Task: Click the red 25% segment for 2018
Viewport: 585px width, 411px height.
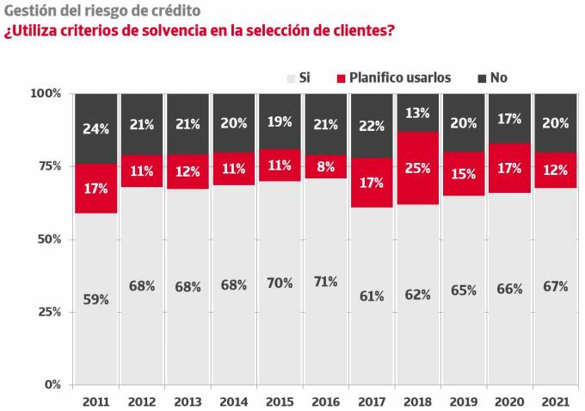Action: (418, 168)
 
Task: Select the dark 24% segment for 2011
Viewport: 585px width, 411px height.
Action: (95, 128)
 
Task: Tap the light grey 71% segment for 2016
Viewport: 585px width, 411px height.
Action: (326, 281)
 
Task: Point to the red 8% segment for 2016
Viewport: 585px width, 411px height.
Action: (326, 167)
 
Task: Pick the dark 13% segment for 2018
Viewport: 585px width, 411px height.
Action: (418, 112)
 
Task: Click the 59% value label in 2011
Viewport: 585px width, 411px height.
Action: (95, 300)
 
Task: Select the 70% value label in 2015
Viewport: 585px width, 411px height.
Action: (280, 282)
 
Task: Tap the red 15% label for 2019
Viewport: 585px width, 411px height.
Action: (465, 174)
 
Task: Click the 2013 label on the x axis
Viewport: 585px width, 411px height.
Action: (188, 402)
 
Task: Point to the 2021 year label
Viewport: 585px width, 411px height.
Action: (557, 402)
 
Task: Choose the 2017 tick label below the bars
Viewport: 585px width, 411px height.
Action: (373, 402)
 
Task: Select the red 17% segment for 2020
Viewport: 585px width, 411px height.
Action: (510, 168)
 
